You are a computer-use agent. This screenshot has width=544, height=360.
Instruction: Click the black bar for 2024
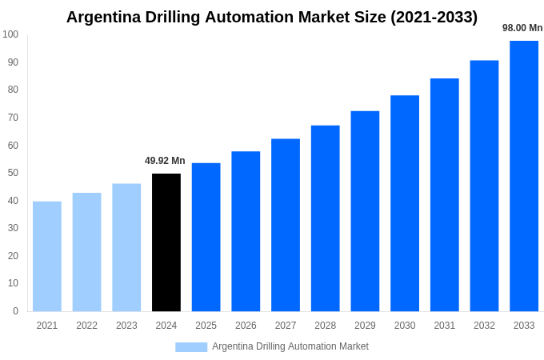[x=166, y=242]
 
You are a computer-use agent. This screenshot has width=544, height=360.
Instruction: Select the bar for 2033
[x=524, y=176]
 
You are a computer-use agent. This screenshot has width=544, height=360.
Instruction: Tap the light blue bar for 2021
[x=47, y=256]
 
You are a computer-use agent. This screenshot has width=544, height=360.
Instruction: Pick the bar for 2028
[x=326, y=218]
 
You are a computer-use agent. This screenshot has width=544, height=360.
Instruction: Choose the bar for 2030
[x=405, y=203]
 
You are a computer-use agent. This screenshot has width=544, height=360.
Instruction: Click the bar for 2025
[x=206, y=237]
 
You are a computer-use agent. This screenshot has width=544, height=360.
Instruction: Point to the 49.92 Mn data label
[x=165, y=161]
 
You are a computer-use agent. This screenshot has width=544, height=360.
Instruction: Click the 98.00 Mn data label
[x=522, y=28]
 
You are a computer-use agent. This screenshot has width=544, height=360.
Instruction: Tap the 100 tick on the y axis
[x=10, y=34]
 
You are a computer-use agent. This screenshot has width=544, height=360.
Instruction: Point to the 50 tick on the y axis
[x=13, y=173]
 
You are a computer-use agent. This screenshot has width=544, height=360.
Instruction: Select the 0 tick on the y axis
[x=15, y=311]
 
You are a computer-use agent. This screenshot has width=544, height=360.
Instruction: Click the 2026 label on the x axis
[x=246, y=326]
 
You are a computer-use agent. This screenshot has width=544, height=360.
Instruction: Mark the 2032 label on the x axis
[x=484, y=326]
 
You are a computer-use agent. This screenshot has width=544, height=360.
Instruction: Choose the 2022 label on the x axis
[x=86, y=326]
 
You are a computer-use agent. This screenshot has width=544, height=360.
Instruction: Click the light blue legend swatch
[x=191, y=346]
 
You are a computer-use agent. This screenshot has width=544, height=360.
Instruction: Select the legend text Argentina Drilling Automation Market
[x=290, y=346]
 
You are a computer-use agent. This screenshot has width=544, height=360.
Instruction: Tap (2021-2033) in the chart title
[x=434, y=17]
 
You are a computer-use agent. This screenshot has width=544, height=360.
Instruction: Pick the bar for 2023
[x=126, y=247]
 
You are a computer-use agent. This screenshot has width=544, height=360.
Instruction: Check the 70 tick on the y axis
[x=13, y=118]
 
